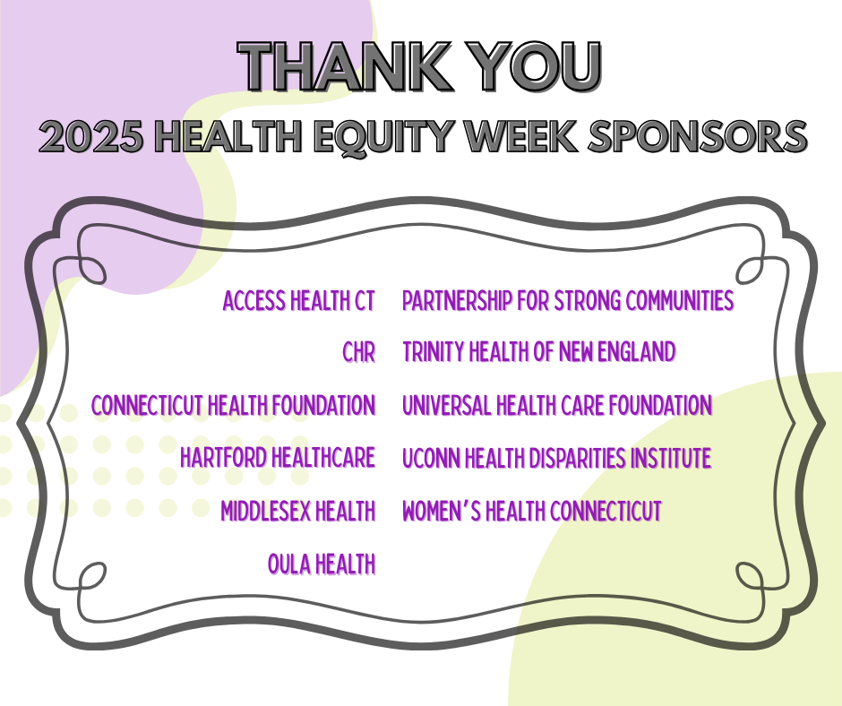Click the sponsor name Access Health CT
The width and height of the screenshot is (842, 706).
[x=298, y=300]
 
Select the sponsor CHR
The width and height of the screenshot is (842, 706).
[x=358, y=352]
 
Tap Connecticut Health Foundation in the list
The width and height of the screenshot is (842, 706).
[x=233, y=405]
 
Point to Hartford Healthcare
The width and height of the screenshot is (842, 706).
[x=278, y=458]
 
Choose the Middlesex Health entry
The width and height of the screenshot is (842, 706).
[x=298, y=511]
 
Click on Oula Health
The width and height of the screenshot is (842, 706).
[x=322, y=564]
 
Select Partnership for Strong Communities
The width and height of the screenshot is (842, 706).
[x=568, y=300]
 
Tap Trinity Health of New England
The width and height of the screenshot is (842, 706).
[x=539, y=352]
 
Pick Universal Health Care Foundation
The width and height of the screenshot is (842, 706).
[x=557, y=405]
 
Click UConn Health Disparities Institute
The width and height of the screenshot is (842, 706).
[x=557, y=458]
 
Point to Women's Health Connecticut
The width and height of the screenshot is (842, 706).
[x=532, y=511]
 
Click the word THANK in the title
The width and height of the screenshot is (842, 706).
[x=345, y=66]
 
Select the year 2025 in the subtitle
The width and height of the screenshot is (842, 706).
[x=91, y=136]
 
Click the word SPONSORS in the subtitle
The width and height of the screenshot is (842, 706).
[x=698, y=136]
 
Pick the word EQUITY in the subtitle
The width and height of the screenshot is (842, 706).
[x=382, y=137]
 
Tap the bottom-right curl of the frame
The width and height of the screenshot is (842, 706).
[x=750, y=575]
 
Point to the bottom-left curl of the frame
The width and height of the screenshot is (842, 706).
[x=92, y=575]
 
